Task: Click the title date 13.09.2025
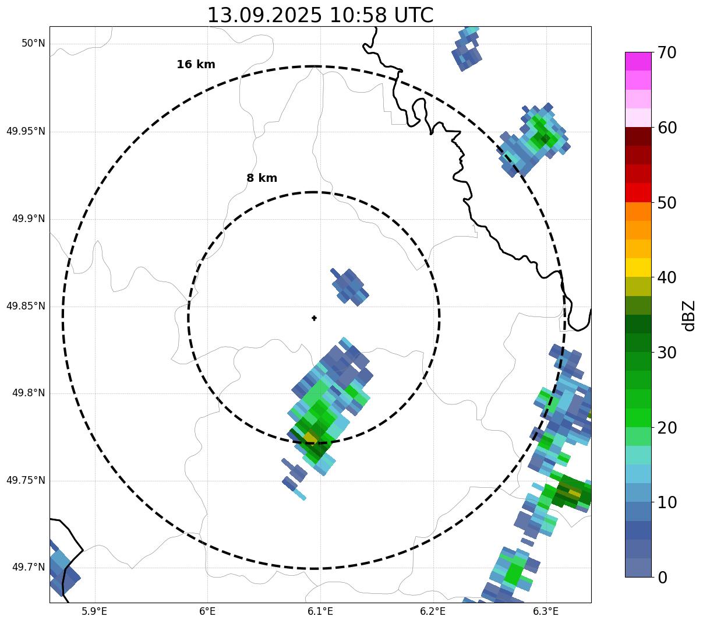click(264, 15)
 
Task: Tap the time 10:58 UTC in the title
click(381, 15)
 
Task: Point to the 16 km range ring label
click(196, 65)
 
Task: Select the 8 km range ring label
click(262, 178)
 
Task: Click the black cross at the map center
click(315, 318)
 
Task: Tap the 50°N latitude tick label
click(33, 44)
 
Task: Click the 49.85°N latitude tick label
click(26, 306)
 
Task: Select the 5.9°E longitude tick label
click(94, 611)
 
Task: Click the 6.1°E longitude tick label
click(320, 611)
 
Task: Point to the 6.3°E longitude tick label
click(546, 611)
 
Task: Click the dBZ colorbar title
click(689, 315)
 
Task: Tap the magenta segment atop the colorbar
click(638, 61)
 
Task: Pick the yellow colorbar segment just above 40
click(638, 267)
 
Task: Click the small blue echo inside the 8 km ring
click(350, 286)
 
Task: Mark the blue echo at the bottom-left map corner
click(61, 568)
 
